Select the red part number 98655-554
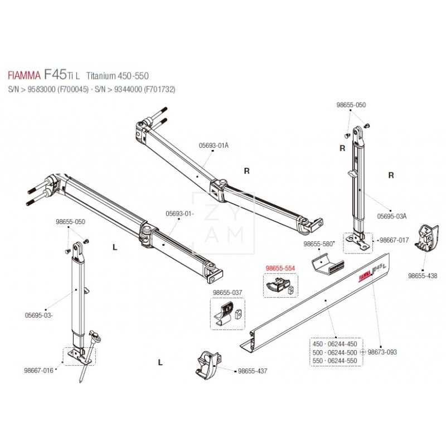pyautogui.click(x=280, y=268)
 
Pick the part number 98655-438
pyautogui.click(x=423, y=275)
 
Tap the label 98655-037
pyautogui.click(x=227, y=292)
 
